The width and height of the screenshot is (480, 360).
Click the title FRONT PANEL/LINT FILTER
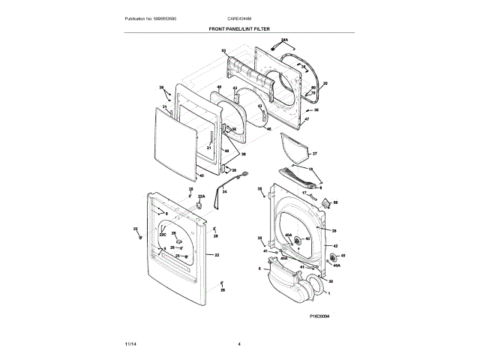(x=239, y=29)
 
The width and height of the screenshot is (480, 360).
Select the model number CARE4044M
(x=240, y=18)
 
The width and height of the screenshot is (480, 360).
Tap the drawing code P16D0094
(x=319, y=316)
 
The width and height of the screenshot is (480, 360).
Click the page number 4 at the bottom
(x=239, y=343)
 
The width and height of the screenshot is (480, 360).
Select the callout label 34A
(x=284, y=39)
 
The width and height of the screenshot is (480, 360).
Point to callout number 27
(x=315, y=154)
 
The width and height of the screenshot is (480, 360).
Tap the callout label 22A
(x=201, y=195)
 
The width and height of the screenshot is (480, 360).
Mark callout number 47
(x=306, y=119)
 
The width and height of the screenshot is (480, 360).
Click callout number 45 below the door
(x=201, y=177)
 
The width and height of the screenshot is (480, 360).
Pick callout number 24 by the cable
(x=223, y=193)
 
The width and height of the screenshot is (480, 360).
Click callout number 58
(x=335, y=202)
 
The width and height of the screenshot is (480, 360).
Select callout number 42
(x=335, y=246)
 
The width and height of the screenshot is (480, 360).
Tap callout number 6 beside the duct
(x=259, y=268)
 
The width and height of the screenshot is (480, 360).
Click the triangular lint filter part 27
(x=297, y=148)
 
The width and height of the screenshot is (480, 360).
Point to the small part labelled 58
(x=325, y=202)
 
